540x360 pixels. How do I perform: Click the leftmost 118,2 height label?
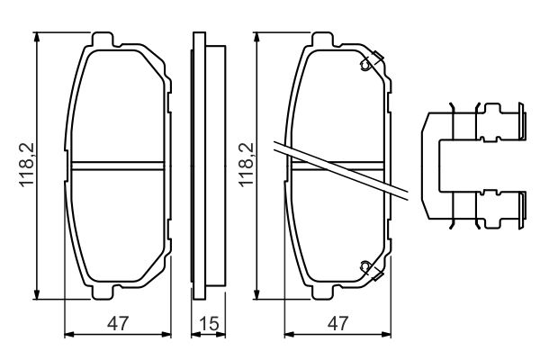[26, 167]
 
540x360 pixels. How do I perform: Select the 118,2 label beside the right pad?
[244, 167]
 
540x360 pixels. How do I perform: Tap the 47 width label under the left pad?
[118, 321]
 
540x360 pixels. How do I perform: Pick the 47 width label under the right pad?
[336, 321]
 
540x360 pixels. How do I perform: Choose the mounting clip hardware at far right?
[472, 167]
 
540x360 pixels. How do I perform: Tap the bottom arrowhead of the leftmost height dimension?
[37, 297]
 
